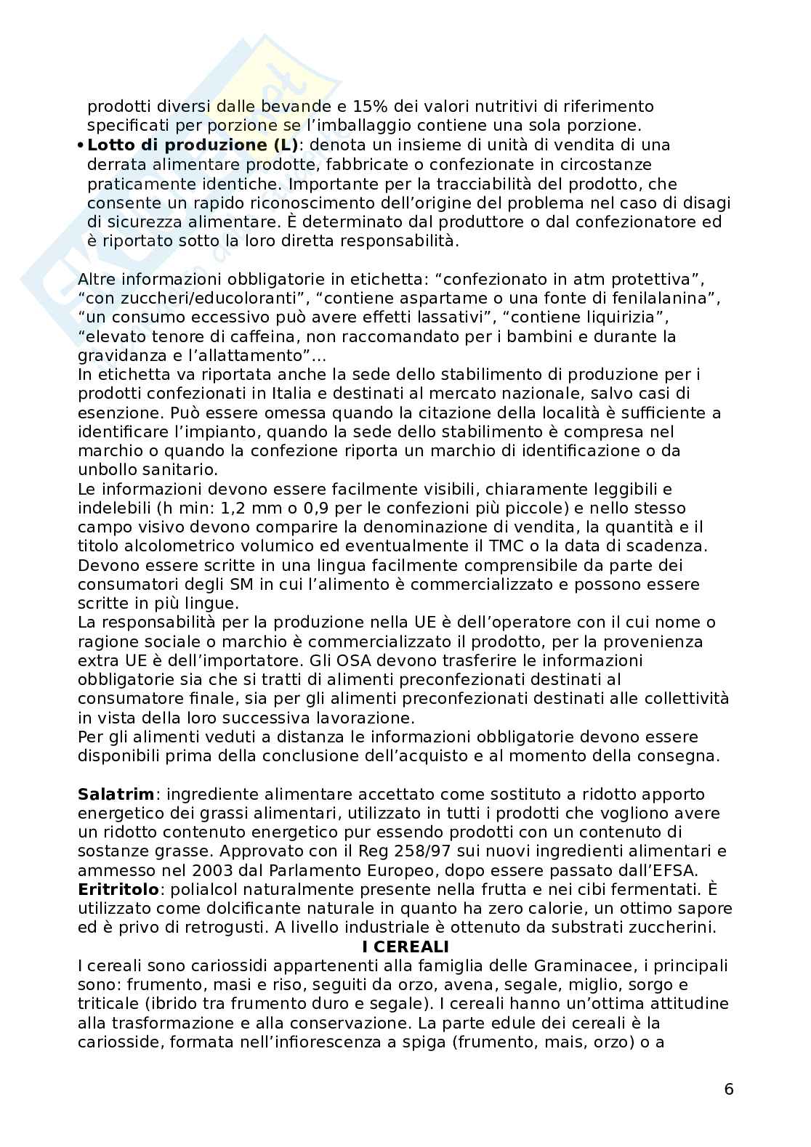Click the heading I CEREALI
405,947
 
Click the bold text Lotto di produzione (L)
193,145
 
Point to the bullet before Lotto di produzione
81,145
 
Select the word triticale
108,1004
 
